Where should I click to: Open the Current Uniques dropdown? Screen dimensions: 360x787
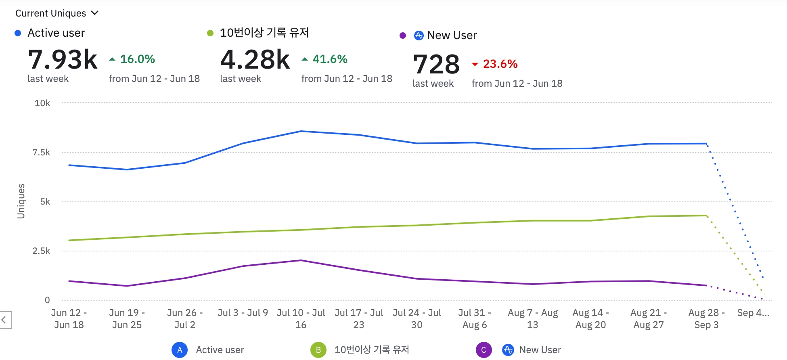[x=57, y=13]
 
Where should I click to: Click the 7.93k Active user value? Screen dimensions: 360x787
[x=63, y=60]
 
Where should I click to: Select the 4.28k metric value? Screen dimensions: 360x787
[x=255, y=60]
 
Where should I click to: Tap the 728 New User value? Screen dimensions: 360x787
[x=436, y=65]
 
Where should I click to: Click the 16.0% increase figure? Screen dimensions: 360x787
[x=137, y=59]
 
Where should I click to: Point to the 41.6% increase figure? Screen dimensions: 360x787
[x=329, y=59]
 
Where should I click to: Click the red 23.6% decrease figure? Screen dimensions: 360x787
[x=500, y=64]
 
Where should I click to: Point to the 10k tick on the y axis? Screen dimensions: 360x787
[x=42, y=103]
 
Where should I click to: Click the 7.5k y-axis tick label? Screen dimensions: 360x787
[x=41, y=153]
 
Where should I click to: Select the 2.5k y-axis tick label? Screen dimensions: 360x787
[x=41, y=251]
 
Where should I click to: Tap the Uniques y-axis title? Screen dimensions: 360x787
[x=21, y=201]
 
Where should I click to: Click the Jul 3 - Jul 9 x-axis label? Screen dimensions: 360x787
[x=243, y=313]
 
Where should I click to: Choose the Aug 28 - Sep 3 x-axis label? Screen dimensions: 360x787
[x=706, y=319]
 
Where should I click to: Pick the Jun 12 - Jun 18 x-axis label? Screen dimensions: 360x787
[x=69, y=319]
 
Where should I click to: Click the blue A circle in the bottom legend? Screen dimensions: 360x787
[x=180, y=350]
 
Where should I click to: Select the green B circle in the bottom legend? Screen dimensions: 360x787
[x=318, y=350]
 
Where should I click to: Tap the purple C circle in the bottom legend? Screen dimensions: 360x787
[x=484, y=350]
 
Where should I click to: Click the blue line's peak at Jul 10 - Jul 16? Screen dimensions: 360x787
[x=301, y=131]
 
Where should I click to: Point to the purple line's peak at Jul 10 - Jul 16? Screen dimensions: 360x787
[x=301, y=260]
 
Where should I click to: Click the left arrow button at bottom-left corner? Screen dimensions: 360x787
[x=4, y=320]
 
